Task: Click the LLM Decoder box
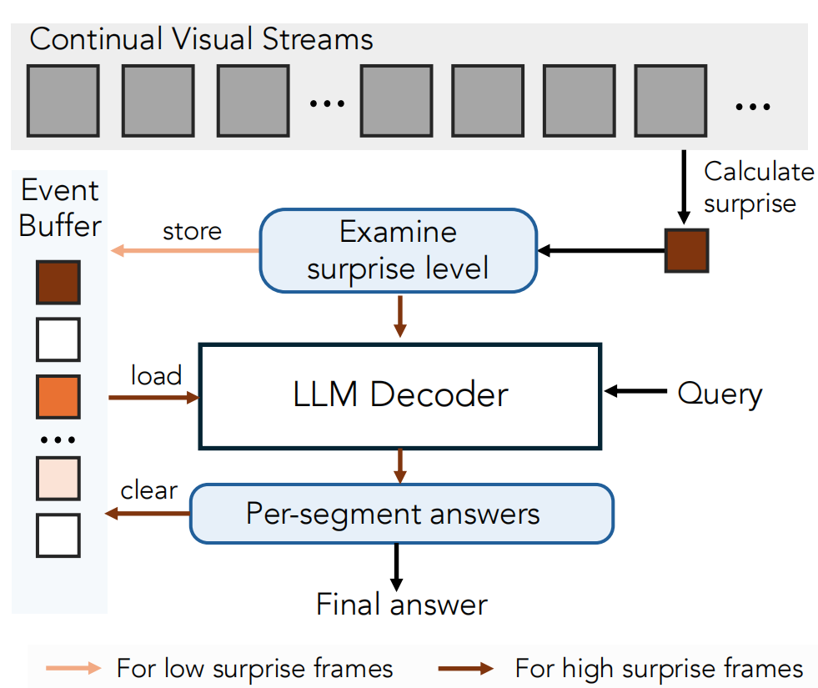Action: point(400,396)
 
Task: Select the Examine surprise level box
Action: point(399,250)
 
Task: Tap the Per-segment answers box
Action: point(402,514)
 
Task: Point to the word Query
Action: point(720,394)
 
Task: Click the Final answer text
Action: point(402,605)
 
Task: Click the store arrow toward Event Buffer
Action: point(185,250)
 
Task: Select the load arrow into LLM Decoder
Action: point(154,398)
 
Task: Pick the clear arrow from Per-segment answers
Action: point(148,514)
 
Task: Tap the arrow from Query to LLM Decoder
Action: point(635,390)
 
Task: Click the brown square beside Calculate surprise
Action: point(686,250)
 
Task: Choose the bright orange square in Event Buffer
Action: point(58,396)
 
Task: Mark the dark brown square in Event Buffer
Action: point(58,282)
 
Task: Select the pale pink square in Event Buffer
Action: point(58,479)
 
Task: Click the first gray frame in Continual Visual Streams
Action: point(63,101)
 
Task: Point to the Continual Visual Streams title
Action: point(201,39)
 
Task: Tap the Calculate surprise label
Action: point(759,188)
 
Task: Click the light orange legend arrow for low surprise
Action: point(73,668)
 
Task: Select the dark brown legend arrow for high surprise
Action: point(466,668)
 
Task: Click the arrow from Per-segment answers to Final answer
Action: point(396,567)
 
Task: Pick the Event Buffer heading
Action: point(60,208)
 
